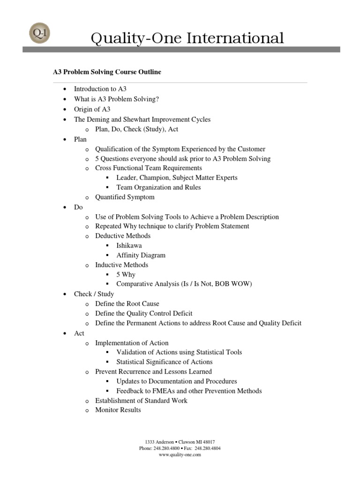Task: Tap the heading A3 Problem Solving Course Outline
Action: (106, 72)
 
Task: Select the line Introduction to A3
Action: (100, 89)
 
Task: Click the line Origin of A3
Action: (92, 109)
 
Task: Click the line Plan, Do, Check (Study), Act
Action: (136, 129)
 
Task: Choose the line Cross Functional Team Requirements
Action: (149, 168)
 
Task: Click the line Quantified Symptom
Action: (125, 197)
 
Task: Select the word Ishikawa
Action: (129, 246)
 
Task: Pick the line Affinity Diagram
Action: (141, 255)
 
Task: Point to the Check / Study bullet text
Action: (94, 294)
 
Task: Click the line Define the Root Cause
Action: (127, 304)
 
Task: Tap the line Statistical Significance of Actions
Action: (164, 362)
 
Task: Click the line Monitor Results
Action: (118, 410)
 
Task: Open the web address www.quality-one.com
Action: (180, 455)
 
